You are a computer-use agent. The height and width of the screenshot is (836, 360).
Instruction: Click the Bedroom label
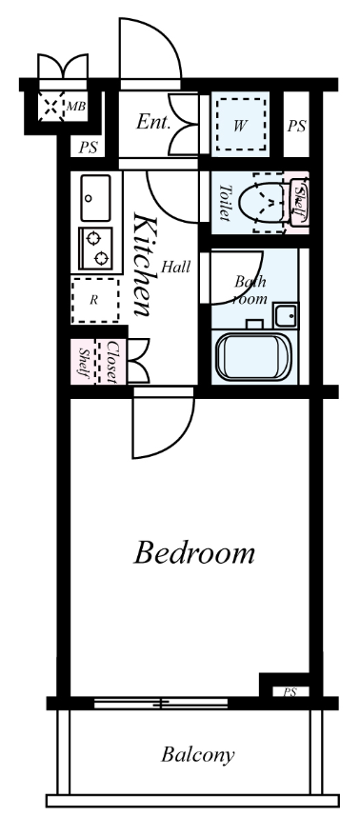pos(193,553)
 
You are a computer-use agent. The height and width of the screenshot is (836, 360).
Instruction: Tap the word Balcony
pos(198,755)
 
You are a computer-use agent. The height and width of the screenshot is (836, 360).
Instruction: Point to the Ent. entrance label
pos(153,123)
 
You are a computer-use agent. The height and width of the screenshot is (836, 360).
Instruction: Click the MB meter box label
pos(76,107)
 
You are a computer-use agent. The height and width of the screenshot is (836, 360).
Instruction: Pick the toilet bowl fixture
pos(263,203)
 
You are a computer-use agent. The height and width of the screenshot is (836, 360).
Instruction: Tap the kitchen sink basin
pos(95,198)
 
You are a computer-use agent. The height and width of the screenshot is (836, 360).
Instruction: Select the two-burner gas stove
pos(95,249)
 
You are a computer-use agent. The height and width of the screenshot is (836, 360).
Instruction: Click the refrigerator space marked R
pos(95,300)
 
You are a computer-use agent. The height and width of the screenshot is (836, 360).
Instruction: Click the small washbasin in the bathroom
pos(286,315)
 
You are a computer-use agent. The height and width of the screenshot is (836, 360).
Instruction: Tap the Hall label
pos(176,267)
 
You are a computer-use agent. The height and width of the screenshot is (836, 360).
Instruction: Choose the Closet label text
pos(112,362)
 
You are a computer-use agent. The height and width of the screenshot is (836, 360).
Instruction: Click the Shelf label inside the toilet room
pos(300,204)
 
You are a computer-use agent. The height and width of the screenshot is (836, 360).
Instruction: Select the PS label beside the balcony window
pos(290,692)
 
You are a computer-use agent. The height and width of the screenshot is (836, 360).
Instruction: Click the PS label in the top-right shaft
pos(297,127)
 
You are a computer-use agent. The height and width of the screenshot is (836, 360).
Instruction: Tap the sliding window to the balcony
pos(161,704)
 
